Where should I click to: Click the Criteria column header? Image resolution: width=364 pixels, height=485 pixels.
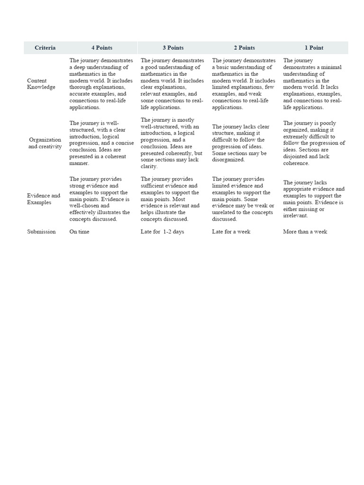coord(45,48)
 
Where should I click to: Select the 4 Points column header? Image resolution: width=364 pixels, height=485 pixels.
coord(102,48)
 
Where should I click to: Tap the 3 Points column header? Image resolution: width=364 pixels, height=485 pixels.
coord(173,48)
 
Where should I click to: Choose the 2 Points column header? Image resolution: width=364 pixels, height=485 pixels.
coord(245,48)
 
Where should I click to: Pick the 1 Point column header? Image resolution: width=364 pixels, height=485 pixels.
coord(314,48)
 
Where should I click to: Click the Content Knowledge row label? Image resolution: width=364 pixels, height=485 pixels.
coord(41,84)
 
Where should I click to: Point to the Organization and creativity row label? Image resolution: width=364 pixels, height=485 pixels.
coord(45,143)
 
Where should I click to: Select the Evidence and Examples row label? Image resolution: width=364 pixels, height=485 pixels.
coord(44,199)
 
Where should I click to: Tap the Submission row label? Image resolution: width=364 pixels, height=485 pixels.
coord(41,232)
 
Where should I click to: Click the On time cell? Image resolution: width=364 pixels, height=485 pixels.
coord(79,232)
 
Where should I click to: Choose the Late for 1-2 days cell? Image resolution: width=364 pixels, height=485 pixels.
coord(162,232)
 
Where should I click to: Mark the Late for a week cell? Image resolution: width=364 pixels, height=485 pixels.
coord(231,232)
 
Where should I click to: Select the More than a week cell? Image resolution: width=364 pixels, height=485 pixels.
coord(305,232)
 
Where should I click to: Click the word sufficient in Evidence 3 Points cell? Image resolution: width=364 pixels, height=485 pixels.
coord(153,186)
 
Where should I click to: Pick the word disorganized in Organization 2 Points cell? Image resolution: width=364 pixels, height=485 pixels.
coord(228,160)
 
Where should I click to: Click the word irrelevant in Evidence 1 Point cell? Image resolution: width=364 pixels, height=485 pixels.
coord(296,216)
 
